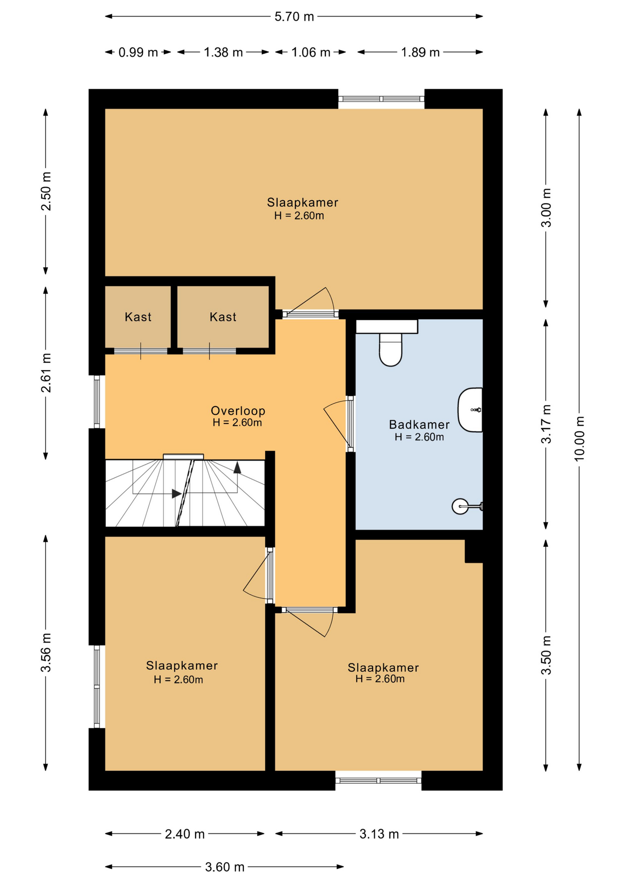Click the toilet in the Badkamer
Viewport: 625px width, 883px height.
coord(390,350)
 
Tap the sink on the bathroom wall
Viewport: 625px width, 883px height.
coord(470,410)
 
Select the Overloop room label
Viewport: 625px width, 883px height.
coord(238,411)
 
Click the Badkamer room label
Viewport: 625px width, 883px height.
coord(419,424)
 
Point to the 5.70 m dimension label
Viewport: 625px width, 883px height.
coord(294,17)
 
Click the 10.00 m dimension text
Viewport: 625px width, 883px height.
coord(579,438)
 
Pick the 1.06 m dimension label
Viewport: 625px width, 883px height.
coord(311,52)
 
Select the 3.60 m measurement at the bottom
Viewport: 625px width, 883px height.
coord(225,867)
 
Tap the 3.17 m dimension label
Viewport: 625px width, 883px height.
coord(546,424)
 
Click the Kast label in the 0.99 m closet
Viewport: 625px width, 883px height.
coord(138,317)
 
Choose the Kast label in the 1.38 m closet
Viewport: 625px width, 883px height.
coord(223,317)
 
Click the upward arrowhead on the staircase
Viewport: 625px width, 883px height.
coord(237,468)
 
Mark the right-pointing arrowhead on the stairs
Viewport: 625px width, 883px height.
coord(176,493)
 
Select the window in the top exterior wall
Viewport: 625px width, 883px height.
coord(381,98)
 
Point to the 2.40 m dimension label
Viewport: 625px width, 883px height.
coord(185,834)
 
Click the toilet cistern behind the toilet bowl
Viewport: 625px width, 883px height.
coord(387,327)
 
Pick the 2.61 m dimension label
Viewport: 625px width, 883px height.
coord(46,373)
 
